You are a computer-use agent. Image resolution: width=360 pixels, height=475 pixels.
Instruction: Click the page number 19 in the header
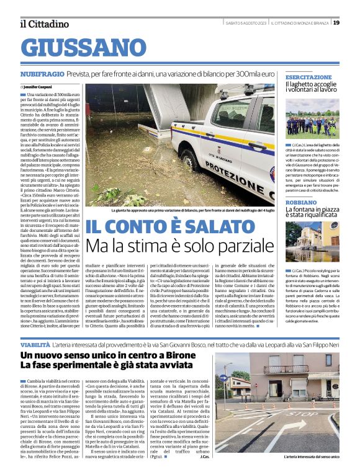click(336, 23)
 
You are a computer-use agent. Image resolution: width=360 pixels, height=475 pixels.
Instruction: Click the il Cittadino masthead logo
click(44, 24)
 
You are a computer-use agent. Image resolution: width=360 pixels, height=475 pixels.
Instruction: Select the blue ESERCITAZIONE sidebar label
click(308, 77)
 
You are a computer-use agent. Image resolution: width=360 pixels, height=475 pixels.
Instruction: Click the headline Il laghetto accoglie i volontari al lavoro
click(312, 87)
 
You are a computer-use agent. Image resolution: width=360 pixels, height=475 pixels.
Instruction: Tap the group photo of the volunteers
click(312, 118)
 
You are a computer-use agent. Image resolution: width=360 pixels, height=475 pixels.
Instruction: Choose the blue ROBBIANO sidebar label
click(301, 202)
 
